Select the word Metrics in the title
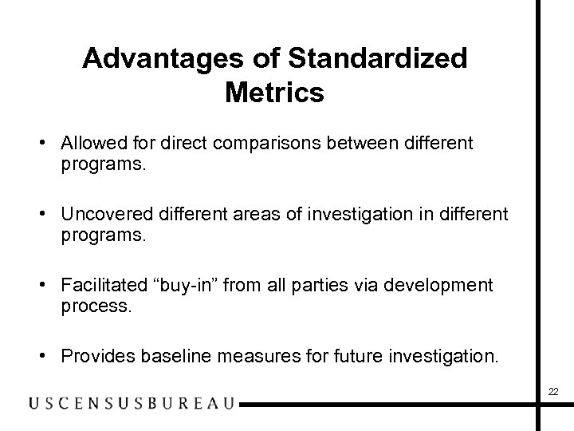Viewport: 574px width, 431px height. (274, 93)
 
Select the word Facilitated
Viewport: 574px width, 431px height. (99, 285)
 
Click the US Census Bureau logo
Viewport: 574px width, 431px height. (132, 404)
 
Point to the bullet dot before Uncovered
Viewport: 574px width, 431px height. (52, 214)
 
